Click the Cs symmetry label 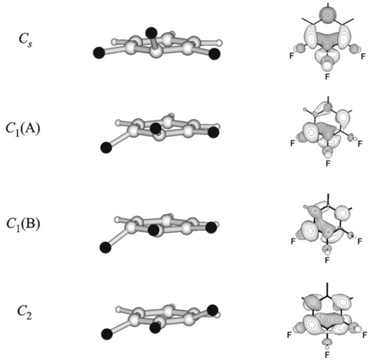coord(25,40)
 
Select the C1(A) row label coord(23,129)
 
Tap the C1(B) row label coord(23,225)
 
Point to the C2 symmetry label coord(25,312)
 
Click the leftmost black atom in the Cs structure coord(99,52)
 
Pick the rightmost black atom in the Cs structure coord(214,53)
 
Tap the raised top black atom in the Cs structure coord(151,33)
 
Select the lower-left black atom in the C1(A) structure coord(106,148)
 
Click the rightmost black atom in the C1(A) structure coord(213,133)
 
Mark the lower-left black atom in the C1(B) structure coord(105,248)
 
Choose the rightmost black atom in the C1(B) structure coord(211,227)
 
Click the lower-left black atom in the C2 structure coord(107,334)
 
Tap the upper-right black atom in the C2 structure coord(212,310)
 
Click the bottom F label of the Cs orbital coord(327,76)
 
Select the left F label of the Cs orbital coord(292,57)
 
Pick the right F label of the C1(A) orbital coord(360,144)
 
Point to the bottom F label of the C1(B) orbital coord(327,260)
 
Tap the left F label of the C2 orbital coord(289,335)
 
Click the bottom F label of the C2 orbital coord(327,355)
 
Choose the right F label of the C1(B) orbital coord(360,241)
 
